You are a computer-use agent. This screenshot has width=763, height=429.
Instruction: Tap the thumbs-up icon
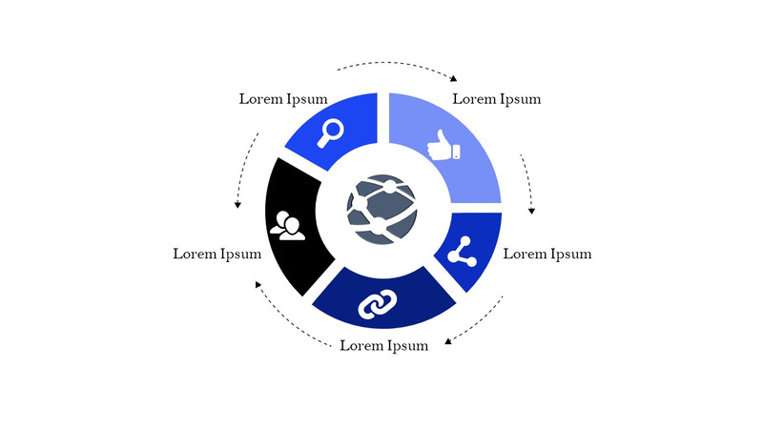click(x=444, y=145)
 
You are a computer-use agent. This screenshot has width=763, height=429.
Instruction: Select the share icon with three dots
click(x=462, y=251)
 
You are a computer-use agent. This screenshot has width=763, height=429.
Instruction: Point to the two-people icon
click(x=287, y=225)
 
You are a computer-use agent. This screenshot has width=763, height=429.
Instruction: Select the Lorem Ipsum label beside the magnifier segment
click(x=283, y=98)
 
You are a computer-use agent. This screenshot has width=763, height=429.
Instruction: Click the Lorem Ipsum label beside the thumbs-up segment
click(x=496, y=98)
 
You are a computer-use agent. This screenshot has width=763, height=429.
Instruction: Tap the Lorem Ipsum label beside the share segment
click(x=546, y=254)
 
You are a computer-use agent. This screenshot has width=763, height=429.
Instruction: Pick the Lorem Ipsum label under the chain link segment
click(x=383, y=345)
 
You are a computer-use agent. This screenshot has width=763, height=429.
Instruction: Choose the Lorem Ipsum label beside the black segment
click(x=217, y=254)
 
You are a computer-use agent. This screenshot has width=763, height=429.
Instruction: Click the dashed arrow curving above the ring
click(x=396, y=67)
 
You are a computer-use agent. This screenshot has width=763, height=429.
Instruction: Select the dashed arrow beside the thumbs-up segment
click(x=527, y=182)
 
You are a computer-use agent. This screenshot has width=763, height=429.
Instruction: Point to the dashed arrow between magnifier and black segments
click(x=246, y=171)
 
